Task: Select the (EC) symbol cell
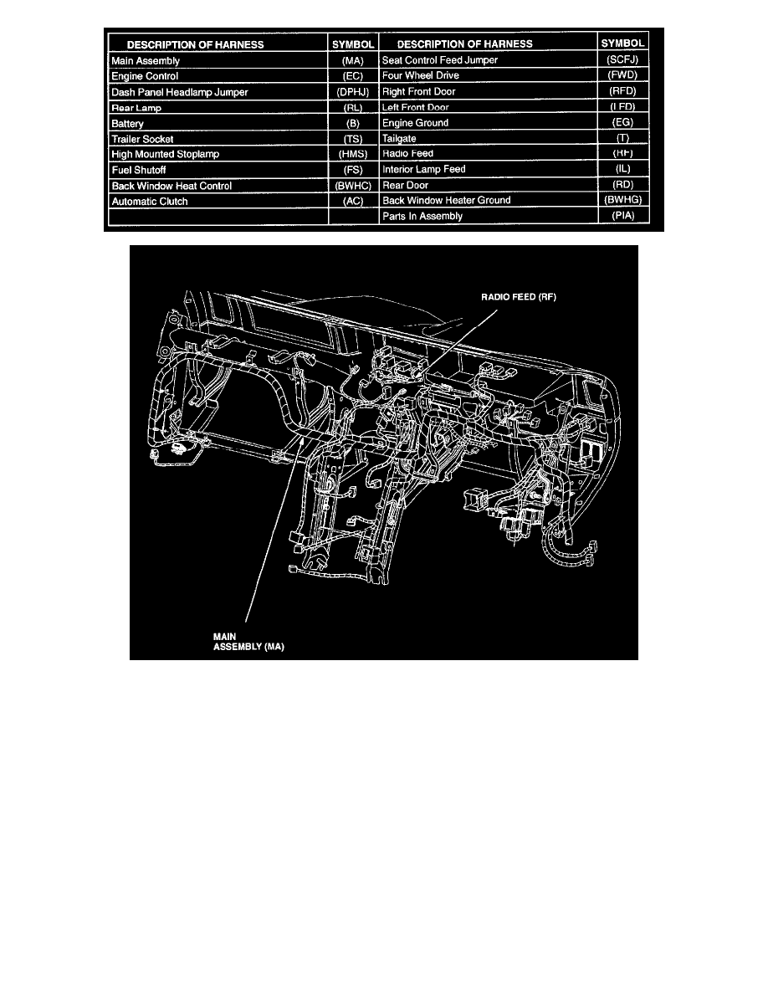click(351, 76)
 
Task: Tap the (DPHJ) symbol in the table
click(351, 92)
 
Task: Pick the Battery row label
click(128, 124)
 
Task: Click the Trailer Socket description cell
click(142, 139)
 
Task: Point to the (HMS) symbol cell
click(351, 155)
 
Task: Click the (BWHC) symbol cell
click(351, 186)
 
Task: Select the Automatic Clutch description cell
click(150, 202)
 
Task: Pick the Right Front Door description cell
click(419, 91)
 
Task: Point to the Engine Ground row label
click(416, 123)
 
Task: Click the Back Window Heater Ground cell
click(458, 201)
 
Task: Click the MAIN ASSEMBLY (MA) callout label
click(249, 640)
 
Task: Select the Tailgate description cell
click(399, 138)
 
